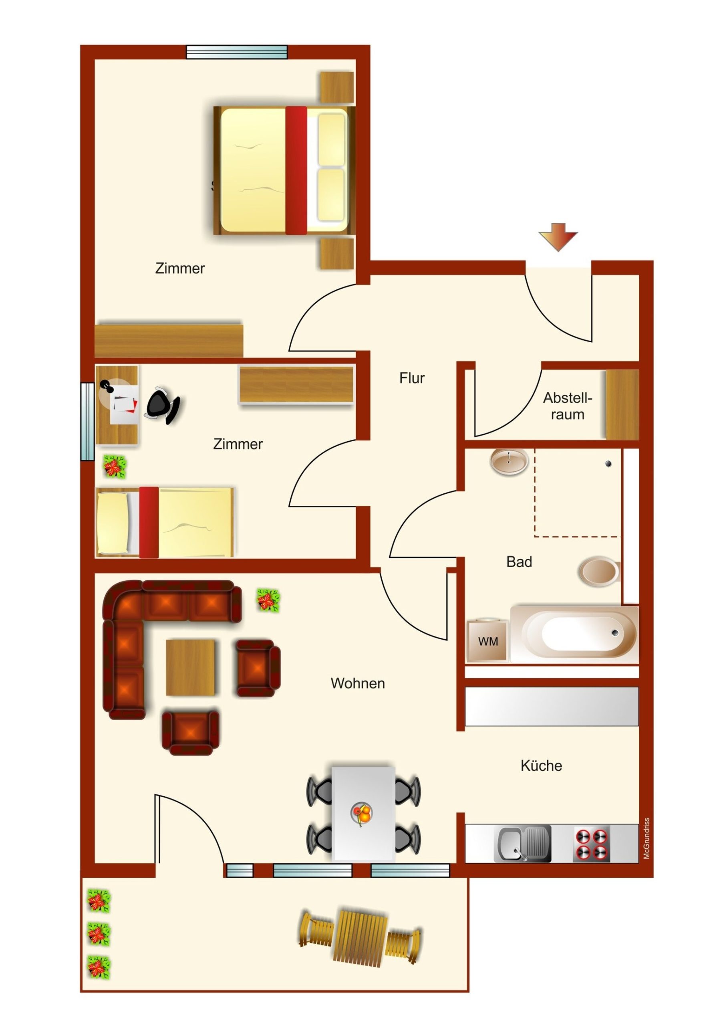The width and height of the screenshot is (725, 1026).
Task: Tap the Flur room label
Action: (x=412, y=378)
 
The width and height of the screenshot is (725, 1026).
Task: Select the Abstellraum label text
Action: (x=567, y=406)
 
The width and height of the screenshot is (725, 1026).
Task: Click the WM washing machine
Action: (x=488, y=641)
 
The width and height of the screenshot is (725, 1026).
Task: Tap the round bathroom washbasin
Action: (x=509, y=461)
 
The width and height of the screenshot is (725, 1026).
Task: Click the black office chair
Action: (x=163, y=405)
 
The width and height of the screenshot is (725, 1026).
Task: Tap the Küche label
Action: (x=541, y=765)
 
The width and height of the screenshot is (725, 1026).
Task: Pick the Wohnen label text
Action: (x=358, y=683)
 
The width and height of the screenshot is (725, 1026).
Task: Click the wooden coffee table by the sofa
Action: (x=190, y=667)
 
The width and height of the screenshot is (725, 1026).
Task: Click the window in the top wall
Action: (x=237, y=52)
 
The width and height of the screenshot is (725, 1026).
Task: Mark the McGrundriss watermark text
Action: (x=646, y=838)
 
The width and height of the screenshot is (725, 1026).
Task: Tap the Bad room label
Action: (x=519, y=562)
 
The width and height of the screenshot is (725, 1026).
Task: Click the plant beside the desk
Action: (x=115, y=467)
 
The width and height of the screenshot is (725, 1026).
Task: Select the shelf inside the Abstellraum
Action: (x=622, y=404)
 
